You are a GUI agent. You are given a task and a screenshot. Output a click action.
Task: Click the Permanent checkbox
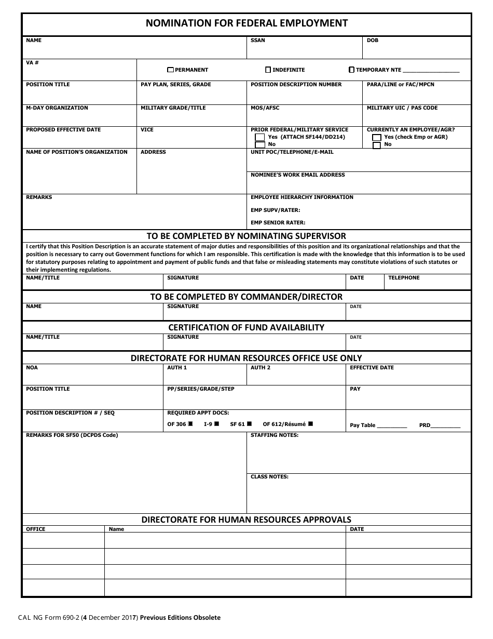[171, 70]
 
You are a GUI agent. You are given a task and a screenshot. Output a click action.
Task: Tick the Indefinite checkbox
[268, 70]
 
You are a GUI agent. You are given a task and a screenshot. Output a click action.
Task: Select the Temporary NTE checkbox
[352, 70]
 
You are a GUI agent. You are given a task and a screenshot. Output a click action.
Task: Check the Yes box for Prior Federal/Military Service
[260, 137]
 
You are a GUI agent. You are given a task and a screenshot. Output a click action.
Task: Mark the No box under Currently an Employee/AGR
[377, 145]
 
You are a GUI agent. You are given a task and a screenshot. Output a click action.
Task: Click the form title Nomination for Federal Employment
[246, 23]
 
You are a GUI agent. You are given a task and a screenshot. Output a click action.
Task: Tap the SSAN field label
[257, 41]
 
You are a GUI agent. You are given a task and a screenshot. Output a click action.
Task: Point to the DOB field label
[373, 41]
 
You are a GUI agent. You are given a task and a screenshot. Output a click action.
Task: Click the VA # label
[32, 62]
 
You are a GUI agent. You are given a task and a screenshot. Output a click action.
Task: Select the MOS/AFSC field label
[265, 108]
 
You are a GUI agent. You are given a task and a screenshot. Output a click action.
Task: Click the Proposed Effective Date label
[63, 130]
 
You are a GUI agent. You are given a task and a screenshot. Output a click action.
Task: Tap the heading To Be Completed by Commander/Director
[246, 297]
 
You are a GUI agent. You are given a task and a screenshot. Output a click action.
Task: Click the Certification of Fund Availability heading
[246, 327]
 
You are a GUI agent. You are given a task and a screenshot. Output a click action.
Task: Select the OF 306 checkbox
[190, 424]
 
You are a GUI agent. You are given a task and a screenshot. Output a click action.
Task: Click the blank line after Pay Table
[392, 425]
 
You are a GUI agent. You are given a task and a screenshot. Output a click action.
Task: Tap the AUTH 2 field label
[261, 368]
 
